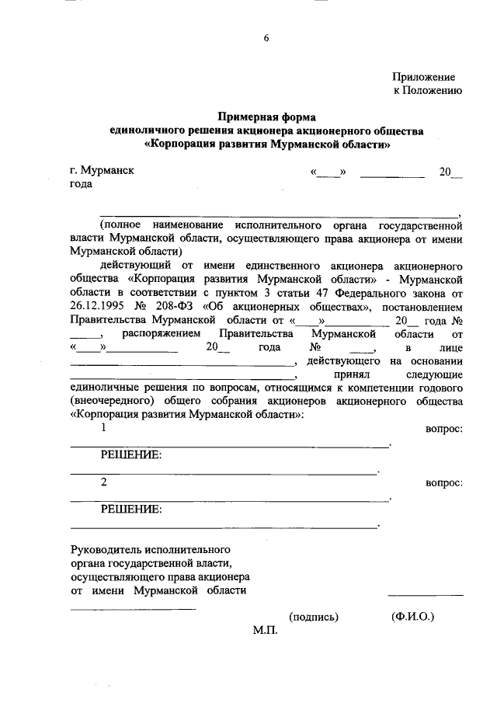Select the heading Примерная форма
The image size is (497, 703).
coord(266,117)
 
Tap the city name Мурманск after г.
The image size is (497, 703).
coord(108,171)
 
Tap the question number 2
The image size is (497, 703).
coord(104,483)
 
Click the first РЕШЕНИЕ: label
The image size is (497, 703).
coord(130,455)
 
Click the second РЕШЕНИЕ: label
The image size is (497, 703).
coord(130,510)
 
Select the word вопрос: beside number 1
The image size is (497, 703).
coord(444,429)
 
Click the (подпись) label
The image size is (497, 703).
coord(314,617)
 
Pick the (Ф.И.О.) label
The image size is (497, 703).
coord(413,617)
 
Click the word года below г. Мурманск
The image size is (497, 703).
coord(81,184)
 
